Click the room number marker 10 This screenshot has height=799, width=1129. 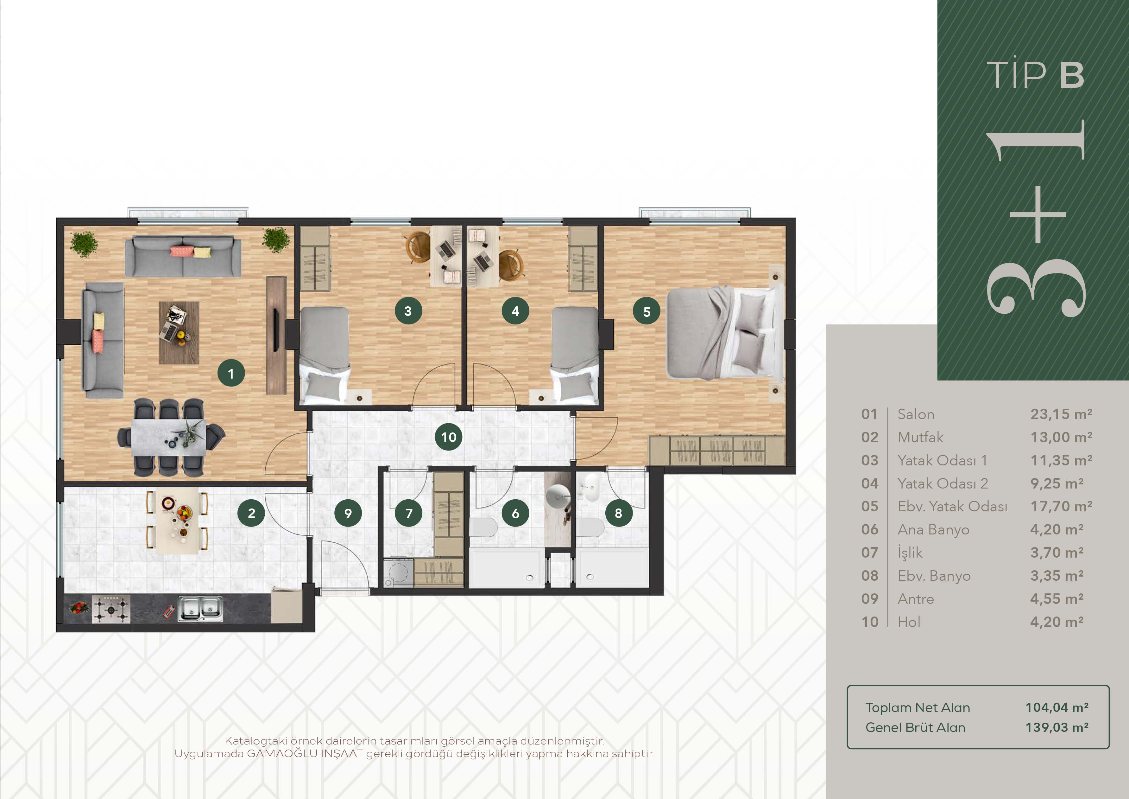coord(448,437)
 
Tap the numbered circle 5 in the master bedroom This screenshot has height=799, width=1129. coord(646,311)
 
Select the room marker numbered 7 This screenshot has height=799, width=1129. coord(409,513)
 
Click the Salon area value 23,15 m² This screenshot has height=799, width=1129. coord(1061,414)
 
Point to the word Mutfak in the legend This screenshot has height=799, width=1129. coord(920,438)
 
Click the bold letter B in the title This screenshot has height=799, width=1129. coord(1072,75)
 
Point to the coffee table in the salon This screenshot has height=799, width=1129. coord(179,333)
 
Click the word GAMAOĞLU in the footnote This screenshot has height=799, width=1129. coord(283,753)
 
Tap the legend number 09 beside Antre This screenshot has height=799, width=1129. coord(870,599)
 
